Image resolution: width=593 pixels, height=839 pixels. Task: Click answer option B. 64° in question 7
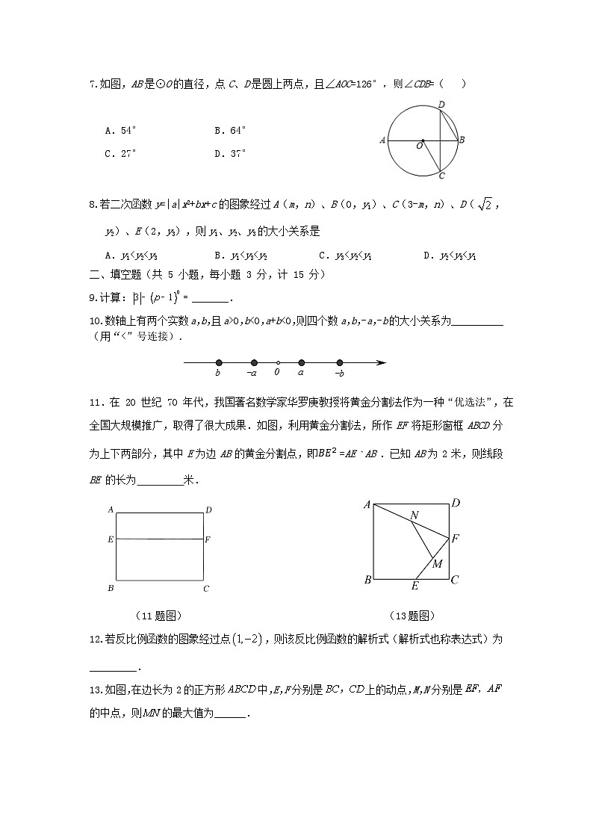click(229, 130)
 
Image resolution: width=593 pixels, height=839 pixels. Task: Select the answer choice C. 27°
click(120, 154)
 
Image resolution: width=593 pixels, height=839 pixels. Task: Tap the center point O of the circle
click(423, 140)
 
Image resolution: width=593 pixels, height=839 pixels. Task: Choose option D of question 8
click(450, 256)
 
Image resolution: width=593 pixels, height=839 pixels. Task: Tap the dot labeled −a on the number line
click(254, 363)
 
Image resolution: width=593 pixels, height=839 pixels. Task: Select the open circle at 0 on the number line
click(277, 363)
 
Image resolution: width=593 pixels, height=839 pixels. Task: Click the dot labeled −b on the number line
click(340, 363)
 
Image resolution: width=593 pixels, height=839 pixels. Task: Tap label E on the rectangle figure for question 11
click(110, 539)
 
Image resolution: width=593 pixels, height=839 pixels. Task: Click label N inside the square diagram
click(414, 515)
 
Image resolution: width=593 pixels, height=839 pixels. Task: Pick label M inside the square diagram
click(437, 563)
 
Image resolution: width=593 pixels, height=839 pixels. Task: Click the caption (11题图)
click(158, 616)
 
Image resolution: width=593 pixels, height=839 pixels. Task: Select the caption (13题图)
click(411, 616)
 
